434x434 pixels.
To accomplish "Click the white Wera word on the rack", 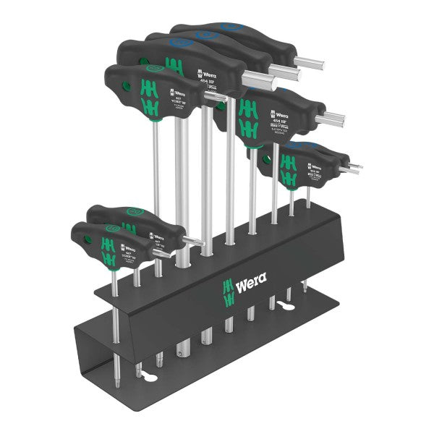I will pyautogui.click(x=251, y=279).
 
